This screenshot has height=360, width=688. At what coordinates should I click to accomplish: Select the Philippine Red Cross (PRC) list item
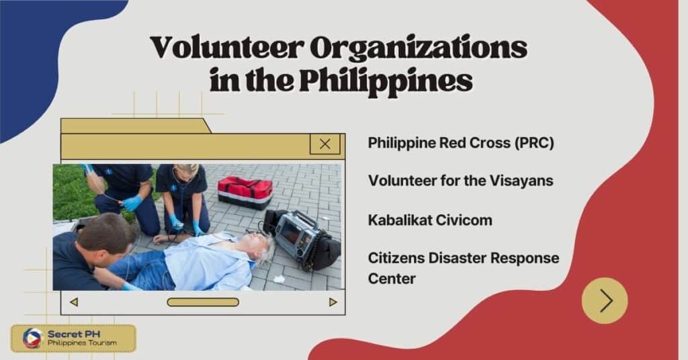[x=461, y=143]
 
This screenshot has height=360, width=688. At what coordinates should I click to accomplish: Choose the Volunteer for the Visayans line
[x=451, y=181]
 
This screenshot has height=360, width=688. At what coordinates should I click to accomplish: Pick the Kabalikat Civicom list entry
[x=429, y=220]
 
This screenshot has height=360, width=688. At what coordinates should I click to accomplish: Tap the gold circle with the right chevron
[x=605, y=300]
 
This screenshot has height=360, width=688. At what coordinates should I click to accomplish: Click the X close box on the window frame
[x=325, y=144]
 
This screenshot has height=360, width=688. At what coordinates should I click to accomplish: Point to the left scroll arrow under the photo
[x=74, y=302]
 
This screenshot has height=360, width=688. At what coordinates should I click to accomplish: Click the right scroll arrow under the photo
[x=333, y=302]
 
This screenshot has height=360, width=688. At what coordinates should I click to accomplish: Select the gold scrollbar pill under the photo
[x=203, y=302]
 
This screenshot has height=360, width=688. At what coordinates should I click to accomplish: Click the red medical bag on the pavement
[x=245, y=191]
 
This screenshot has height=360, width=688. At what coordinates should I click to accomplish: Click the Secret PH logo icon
[x=32, y=339]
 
